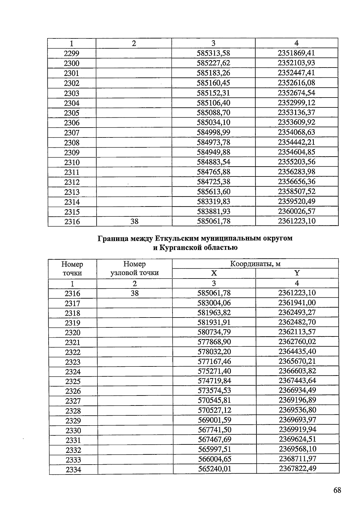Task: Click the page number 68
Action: [337, 490]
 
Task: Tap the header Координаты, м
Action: [255, 264]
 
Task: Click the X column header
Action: [214, 273]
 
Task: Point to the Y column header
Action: [297, 273]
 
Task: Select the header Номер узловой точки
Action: [134, 268]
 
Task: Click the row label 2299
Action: [71, 53]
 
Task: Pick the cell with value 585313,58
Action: [213, 53]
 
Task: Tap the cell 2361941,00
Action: [297, 303]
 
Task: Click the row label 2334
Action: [73, 470]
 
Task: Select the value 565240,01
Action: [214, 469]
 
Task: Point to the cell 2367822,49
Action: [298, 468]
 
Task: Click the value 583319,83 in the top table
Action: [213, 201]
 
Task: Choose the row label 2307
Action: [72, 133]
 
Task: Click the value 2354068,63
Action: [296, 132]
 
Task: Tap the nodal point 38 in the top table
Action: [134, 221]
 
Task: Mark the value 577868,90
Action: [214, 342]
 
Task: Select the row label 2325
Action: [73, 381]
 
